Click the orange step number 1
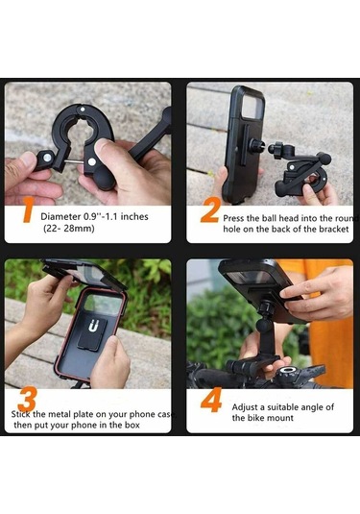coord(28,210)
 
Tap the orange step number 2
coord(209,210)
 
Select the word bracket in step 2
coord(330,231)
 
